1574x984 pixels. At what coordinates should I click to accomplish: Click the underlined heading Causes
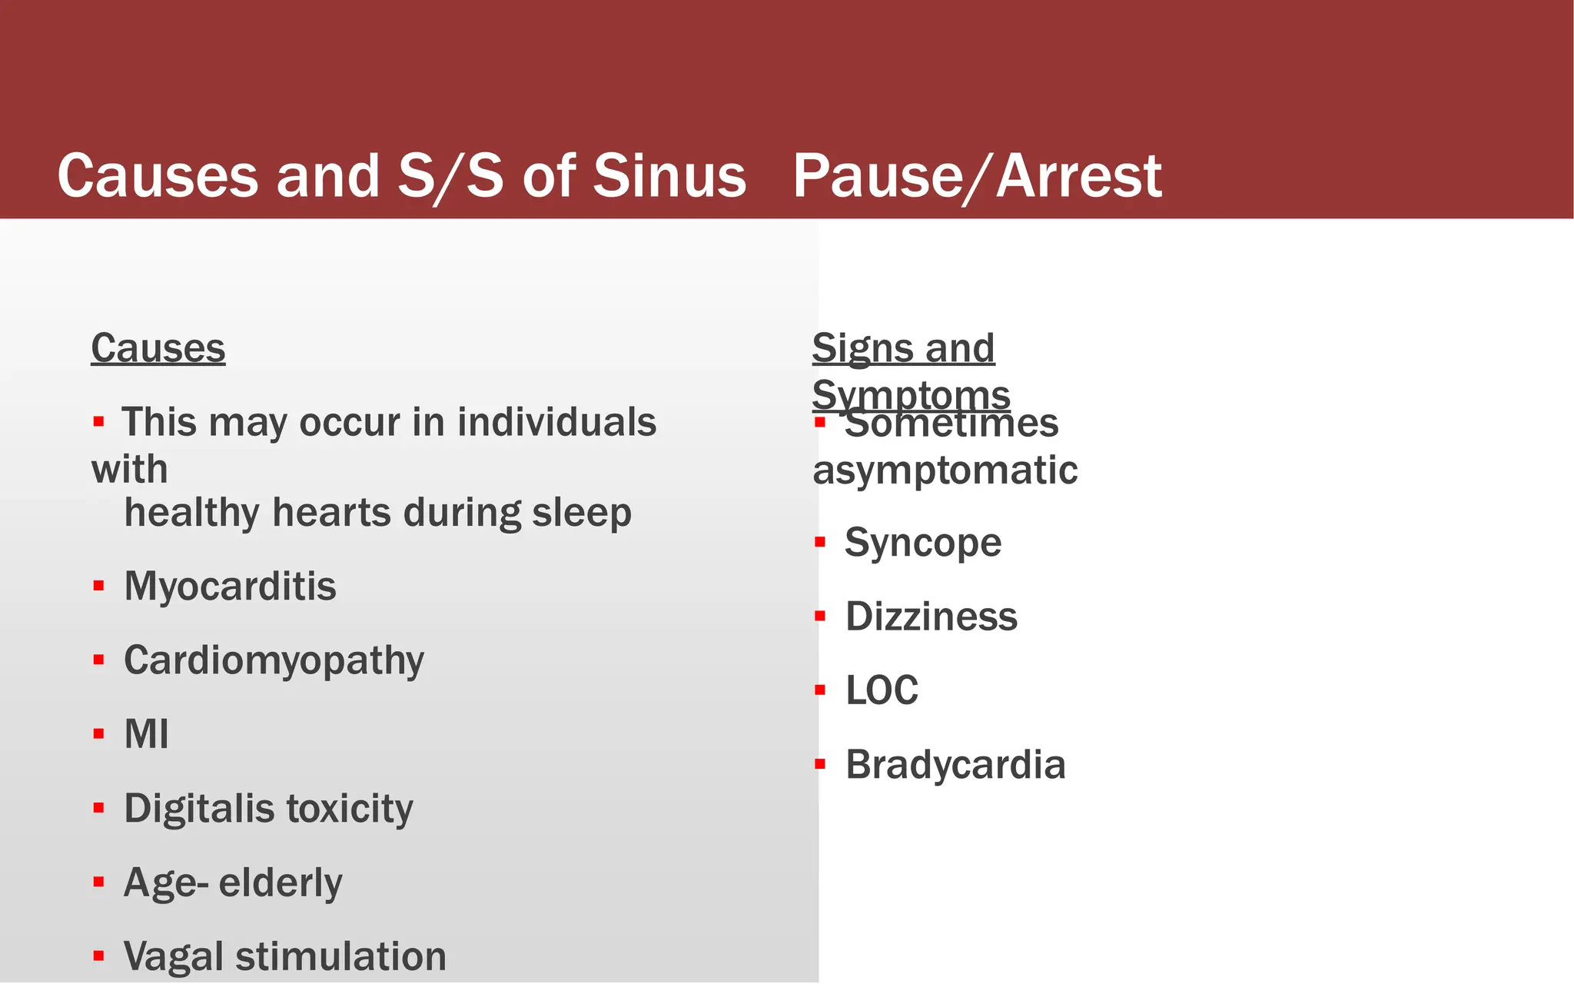coord(158,348)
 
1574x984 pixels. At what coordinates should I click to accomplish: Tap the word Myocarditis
coord(230,587)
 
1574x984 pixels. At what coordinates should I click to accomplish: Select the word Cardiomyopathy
coord(274,661)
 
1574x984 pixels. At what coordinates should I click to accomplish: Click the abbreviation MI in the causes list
coord(146,734)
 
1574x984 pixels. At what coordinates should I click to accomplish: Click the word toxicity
coord(350,809)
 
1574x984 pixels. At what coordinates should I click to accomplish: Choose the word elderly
coord(280,883)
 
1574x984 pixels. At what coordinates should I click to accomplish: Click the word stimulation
coord(340,957)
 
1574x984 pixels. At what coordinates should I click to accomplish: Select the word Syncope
coord(922,544)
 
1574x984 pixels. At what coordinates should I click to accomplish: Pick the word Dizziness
coord(931,617)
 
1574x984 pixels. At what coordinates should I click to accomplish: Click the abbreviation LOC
coord(882,691)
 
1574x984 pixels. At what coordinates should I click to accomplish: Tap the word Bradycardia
coord(955,766)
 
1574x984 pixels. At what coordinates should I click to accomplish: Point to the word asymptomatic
coord(945,470)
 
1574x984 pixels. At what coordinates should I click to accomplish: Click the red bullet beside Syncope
coord(820,543)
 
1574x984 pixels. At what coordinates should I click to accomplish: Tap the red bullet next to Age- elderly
coord(98,882)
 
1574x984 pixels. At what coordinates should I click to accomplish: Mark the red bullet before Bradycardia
coord(820,764)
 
